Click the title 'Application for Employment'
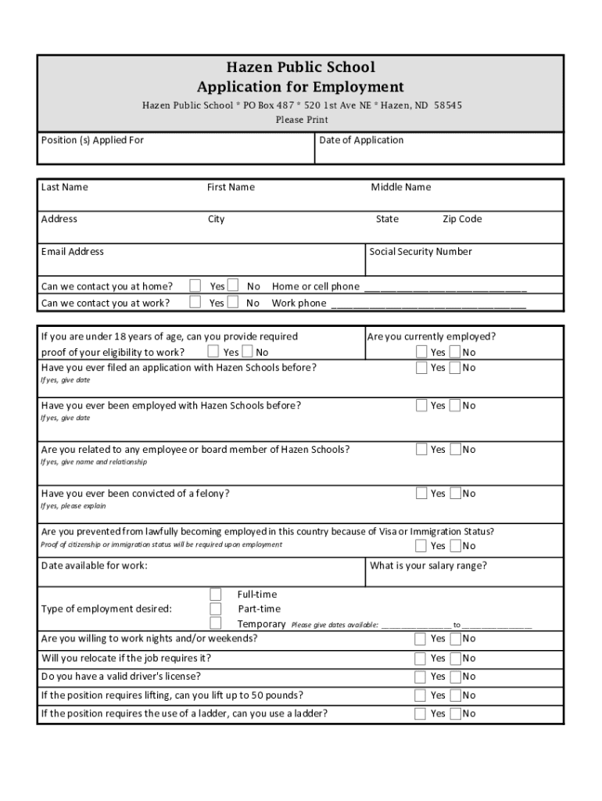tap(300, 87)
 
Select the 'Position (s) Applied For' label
tap(92, 141)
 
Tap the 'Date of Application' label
tap(361, 141)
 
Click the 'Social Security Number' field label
tap(421, 252)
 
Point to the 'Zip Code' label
tap(462, 219)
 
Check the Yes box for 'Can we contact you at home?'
tap(196, 286)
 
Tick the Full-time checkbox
tap(216, 594)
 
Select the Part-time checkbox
tap(216, 609)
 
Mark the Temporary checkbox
tap(216, 623)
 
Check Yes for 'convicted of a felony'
tap(421, 494)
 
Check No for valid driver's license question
tap(455, 677)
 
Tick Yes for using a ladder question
tap(421, 713)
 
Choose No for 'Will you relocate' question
tap(455, 658)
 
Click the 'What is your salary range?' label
tap(428, 566)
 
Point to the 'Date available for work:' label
tap(94, 566)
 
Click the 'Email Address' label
tap(72, 252)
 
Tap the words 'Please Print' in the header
tap(301, 120)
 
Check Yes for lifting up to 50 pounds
tap(421, 695)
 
